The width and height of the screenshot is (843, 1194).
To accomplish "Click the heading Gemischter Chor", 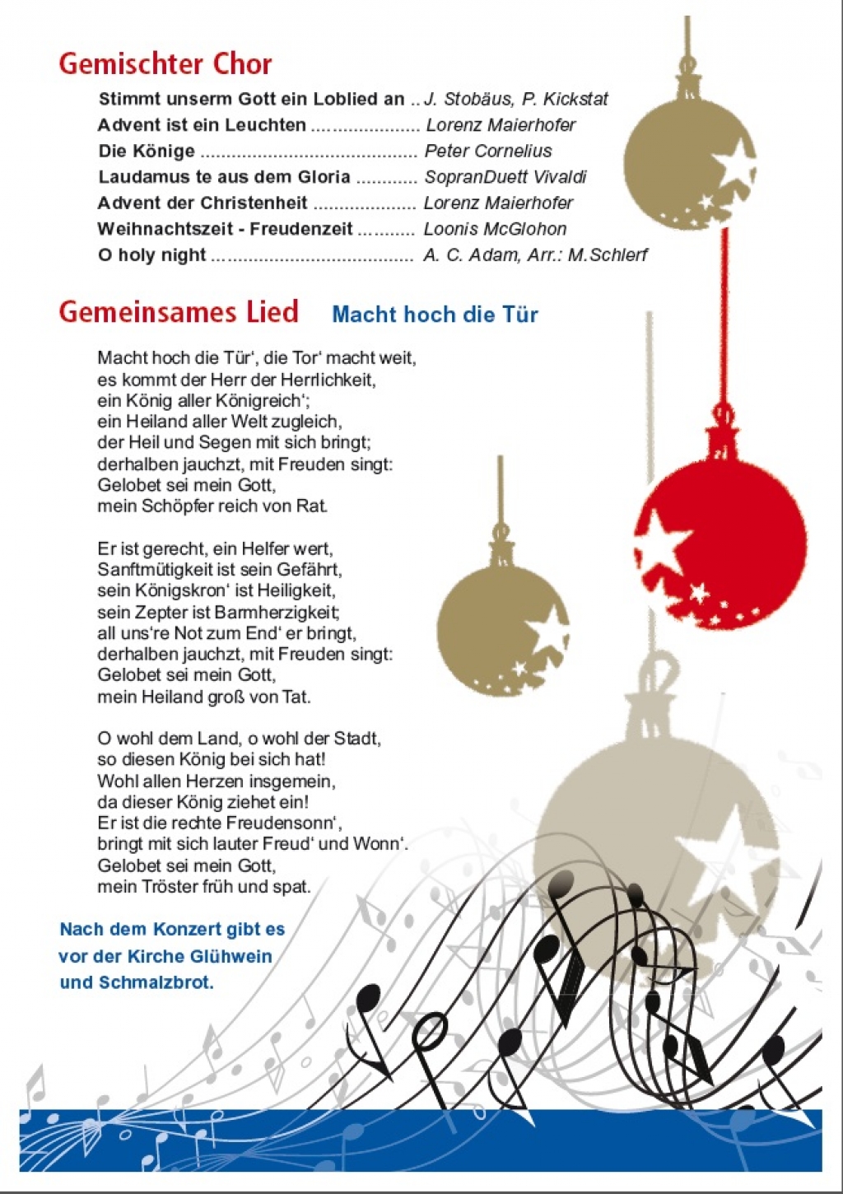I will pos(165,64).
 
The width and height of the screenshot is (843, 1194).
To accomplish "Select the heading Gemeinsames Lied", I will pos(178,312).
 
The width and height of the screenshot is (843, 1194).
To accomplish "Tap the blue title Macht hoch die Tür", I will pos(435,314).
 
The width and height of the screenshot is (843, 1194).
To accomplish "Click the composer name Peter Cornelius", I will pos(487,151).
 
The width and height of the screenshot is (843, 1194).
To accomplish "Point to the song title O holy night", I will pos(151,254).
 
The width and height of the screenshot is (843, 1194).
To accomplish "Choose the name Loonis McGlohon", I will pos(495,229).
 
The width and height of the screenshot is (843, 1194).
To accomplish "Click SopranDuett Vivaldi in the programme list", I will pos(505,177).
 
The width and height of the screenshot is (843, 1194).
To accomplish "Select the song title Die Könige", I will pos(147,151).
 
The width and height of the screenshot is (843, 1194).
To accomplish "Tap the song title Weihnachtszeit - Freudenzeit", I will pos(225,229).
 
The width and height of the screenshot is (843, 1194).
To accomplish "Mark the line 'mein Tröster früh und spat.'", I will pos(204,887).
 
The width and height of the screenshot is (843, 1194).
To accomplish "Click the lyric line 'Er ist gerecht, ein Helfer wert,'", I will pos(215,548).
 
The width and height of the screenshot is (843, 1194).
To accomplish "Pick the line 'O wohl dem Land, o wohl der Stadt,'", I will pos(239,739).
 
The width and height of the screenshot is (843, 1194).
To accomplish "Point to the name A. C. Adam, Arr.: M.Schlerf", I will pos(535,255).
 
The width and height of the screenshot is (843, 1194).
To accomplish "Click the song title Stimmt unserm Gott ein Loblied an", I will pos(251,99).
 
